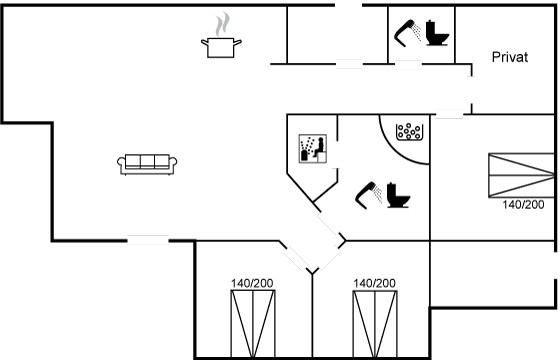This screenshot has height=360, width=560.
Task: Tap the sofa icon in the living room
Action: pos(147,164)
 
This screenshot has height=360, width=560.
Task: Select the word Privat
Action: pos(510,57)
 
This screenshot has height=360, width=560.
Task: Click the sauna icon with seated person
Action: pos(313,149)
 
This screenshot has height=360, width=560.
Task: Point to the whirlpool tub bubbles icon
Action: pos(409,132)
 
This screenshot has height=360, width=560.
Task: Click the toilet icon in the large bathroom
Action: pos(398,195)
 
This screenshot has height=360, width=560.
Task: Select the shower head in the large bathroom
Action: pos(369,195)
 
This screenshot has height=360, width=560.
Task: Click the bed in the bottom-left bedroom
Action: pos(253,324)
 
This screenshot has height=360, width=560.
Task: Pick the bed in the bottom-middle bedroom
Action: pos(375,324)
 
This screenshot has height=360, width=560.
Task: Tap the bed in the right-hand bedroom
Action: pos(521,175)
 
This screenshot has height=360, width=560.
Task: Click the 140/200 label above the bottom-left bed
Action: pos(252,284)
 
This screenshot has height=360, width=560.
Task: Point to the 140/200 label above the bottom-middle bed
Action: pos(374,284)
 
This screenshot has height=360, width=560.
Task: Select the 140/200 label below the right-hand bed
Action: pos(523,205)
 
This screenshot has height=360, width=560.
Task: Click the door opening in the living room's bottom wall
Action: pos(148,240)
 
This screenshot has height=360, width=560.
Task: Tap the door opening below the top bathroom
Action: pos(408,64)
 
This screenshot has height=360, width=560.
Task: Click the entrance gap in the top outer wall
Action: pos(348,5)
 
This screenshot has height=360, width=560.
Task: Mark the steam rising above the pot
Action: pos(222,24)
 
